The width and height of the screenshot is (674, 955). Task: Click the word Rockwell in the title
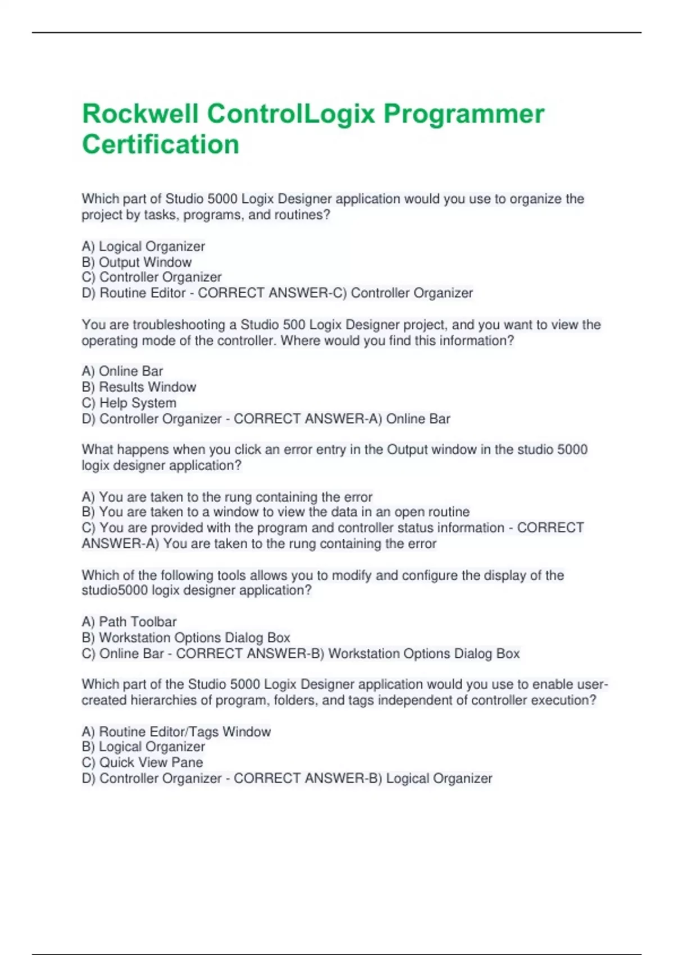pos(140,114)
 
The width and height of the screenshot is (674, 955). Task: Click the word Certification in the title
pos(161,144)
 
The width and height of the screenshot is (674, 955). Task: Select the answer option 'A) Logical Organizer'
pos(143,247)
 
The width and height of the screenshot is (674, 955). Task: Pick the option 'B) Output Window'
pos(136,262)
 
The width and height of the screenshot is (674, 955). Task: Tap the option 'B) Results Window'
pos(139,387)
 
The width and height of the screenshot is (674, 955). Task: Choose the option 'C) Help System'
pos(129,403)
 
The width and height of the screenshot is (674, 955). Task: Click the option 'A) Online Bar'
pos(122,371)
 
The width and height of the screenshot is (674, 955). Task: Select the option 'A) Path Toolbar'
pos(129,622)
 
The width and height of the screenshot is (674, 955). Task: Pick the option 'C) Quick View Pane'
pos(142,762)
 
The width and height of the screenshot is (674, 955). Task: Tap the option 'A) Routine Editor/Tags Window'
pos(176,731)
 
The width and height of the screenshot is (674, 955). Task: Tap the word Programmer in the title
pos(464,114)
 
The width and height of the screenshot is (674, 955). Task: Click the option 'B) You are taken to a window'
pos(275,512)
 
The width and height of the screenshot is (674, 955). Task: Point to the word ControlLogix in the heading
pos(291,114)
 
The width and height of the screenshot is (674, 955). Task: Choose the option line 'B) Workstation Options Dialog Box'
pos(186,638)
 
